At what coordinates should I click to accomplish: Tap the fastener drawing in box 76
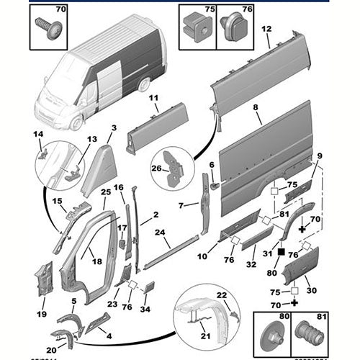(230, 27)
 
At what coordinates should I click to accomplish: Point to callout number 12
(266, 30)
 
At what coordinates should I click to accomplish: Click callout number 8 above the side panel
(255, 107)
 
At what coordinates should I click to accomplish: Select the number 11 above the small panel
(153, 98)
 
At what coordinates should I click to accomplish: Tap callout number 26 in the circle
(156, 168)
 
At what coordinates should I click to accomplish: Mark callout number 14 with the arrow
(38, 135)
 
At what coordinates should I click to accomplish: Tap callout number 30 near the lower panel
(312, 290)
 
